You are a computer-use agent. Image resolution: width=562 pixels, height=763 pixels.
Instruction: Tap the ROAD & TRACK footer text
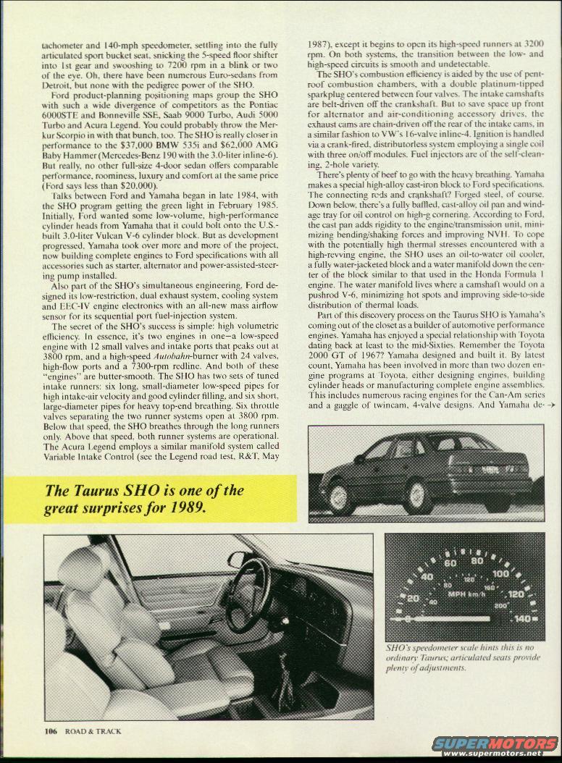pyautogui.click(x=93, y=731)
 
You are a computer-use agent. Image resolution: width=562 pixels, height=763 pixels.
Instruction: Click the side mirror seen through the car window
pyautogui.click(x=238, y=558)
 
